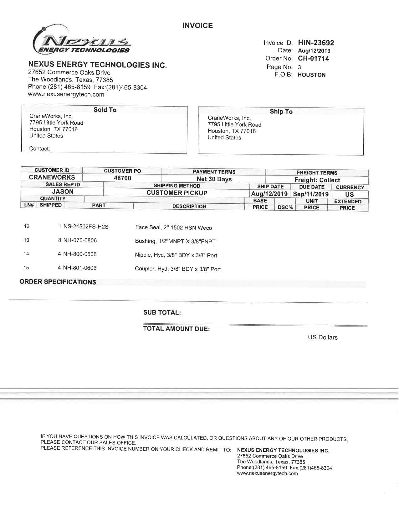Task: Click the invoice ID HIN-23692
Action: click(x=316, y=43)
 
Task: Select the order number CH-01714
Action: click(x=313, y=58)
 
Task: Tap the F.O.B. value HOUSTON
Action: click(x=311, y=75)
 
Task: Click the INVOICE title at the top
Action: click(x=197, y=26)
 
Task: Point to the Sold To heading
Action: click(x=105, y=110)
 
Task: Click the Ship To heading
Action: click(x=281, y=112)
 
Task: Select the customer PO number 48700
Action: click(x=122, y=178)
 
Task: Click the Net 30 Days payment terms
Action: click(x=214, y=179)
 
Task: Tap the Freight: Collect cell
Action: click(x=317, y=180)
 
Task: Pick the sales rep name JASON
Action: click(x=63, y=192)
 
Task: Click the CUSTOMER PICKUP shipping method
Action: click(x=177, y=193)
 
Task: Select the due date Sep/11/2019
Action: click(x=311, y=194)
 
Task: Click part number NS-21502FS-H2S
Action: click(x=86, y=227)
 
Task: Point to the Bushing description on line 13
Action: click(x=175, y=241)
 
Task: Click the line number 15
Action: click(x=26, y=268)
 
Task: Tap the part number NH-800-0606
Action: click(x=80, y=254)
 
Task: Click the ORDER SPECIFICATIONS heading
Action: click(x=58, y=282)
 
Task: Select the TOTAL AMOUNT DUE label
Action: click(x=176, y=329)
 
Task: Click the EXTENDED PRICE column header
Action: click(x=347, y=205)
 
